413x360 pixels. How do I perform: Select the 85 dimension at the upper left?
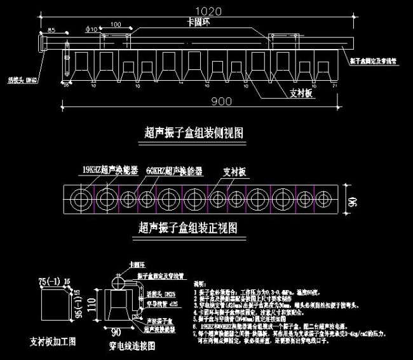[x=51, y=30]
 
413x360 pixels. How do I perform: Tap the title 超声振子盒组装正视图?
[x=187, y=226]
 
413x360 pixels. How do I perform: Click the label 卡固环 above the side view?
[x=191, y=22]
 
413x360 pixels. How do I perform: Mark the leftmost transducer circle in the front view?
[x=81, y=198]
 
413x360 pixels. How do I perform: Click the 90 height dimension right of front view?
[x=351, y=202]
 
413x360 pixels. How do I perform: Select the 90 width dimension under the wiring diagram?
[x=116, y=331]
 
